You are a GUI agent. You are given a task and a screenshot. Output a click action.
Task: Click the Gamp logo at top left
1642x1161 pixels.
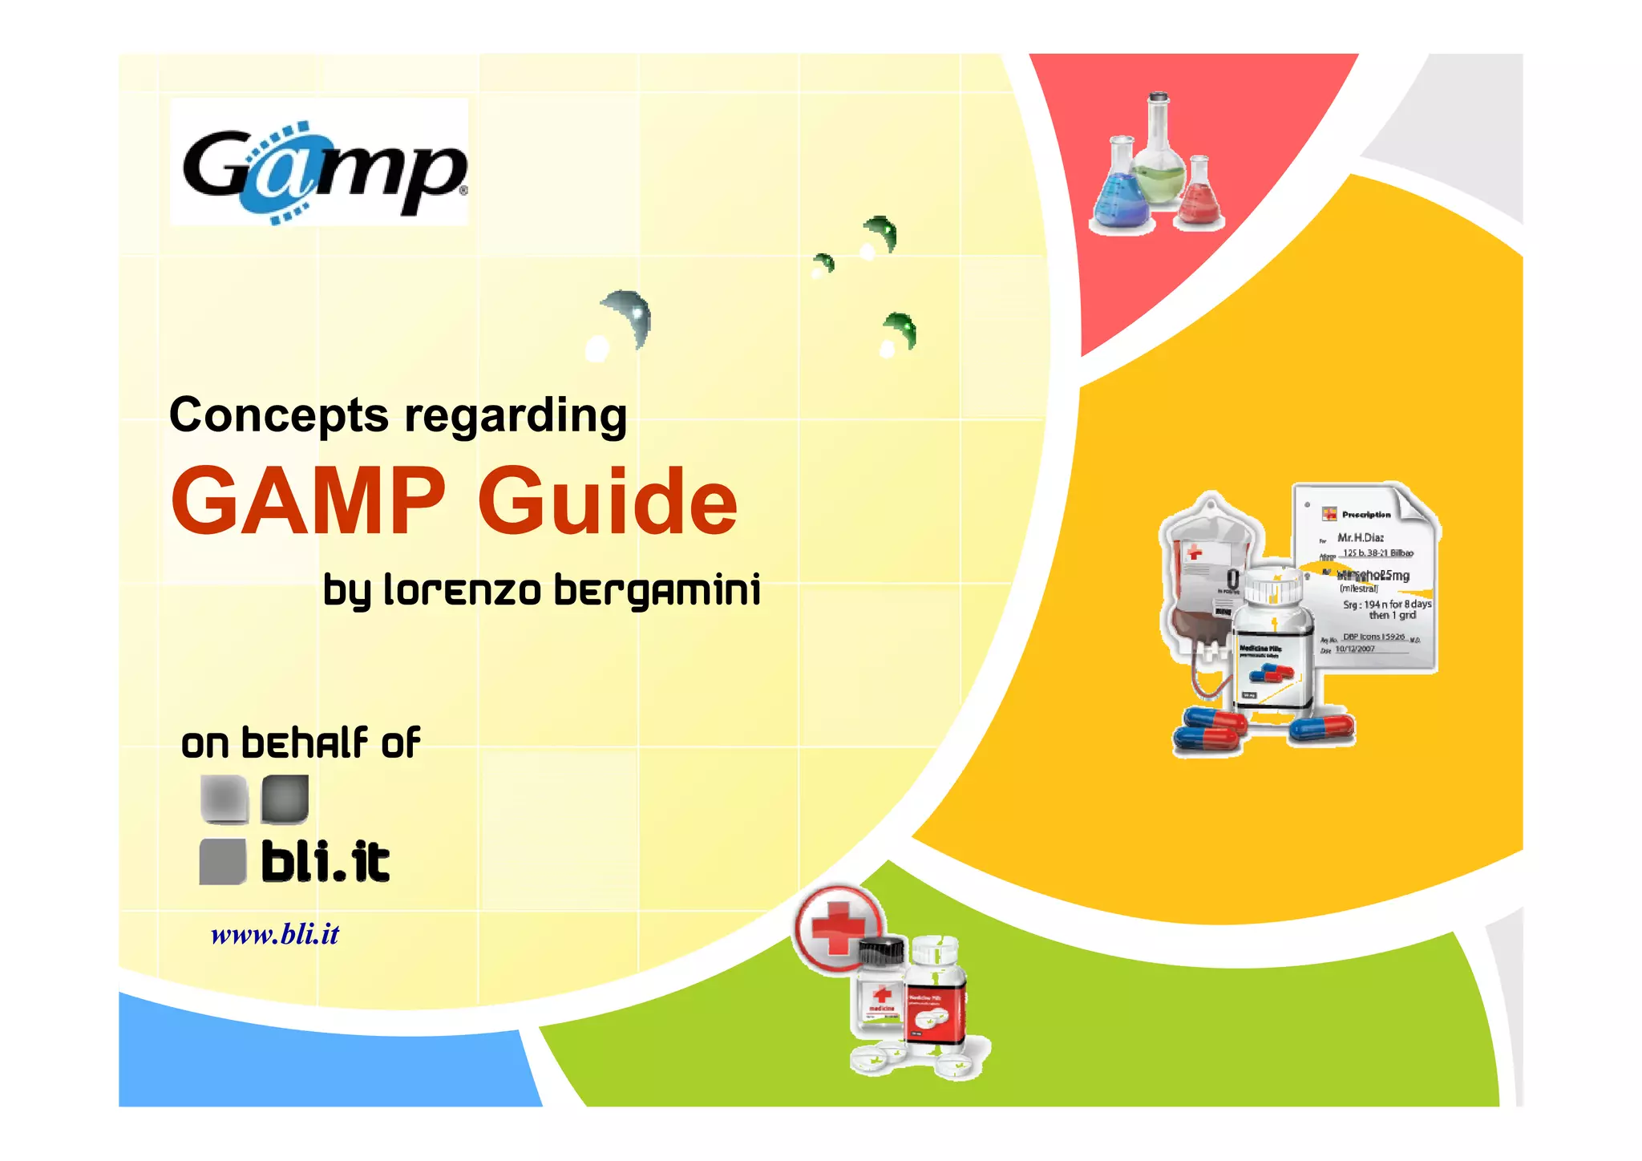[319, 163]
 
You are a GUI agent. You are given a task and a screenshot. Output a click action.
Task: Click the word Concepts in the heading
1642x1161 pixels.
[279, 415]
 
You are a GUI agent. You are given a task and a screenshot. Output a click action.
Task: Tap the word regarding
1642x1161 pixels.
[515, 415]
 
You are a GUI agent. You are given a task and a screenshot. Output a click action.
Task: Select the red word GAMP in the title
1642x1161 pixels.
[308, 502]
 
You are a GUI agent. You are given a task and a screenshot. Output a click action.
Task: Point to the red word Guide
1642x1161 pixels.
[607, 502]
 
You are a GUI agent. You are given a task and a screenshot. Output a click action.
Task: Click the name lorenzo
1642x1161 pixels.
[463, 590]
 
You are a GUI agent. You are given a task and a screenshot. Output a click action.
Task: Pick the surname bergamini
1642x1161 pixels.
[657, 590]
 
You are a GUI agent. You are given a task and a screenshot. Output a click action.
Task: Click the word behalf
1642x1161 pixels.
[305, 742]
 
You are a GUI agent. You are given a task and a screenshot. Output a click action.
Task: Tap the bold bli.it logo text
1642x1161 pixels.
[326, 863]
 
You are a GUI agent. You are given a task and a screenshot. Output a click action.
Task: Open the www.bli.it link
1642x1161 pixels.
[275, 934]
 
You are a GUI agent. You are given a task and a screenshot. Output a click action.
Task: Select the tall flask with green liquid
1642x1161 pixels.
[1159, 156]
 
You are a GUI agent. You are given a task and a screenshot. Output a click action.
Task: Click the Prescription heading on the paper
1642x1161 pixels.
[1366, 515]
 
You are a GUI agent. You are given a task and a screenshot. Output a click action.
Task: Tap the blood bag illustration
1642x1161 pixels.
[1203, 577]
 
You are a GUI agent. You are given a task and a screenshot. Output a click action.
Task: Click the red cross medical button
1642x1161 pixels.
[838, 928]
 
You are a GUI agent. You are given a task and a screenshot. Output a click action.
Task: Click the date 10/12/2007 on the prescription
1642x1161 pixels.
[1355, 649]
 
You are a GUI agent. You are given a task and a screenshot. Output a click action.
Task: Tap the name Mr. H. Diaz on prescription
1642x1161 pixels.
[1361, 537]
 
